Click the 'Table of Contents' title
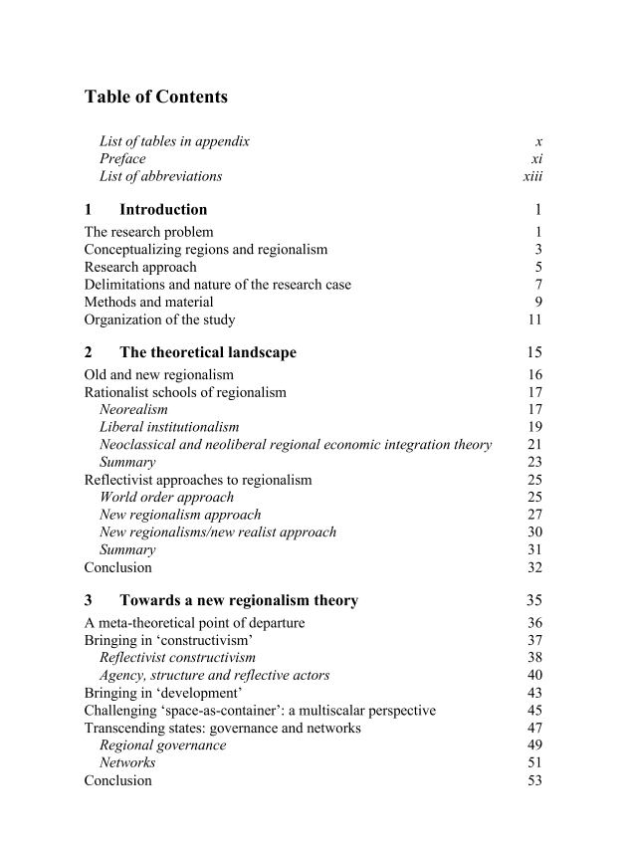pyautogui.click(x=156, y=97)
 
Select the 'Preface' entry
pyautogui.click(x=122, y=158)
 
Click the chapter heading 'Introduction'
pyautogui.click(x=163, y=209)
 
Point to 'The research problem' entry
pyautogui.click(x=148, y=232)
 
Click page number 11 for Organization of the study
pyautogui.click(x=534, y=319)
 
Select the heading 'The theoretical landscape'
pyautogui.click(x=207, y=352)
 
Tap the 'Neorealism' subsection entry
pyautogui.click(x=133, y=409)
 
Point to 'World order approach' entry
pyautogui.click(x=166, y=497)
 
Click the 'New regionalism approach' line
pyautogui.click(x=180, y=515)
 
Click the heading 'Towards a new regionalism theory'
pyautogui.click(x=239, y=600)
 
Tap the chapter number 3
pyautogui.click(x=89, y=600)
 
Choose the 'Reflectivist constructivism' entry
pyautogui.click(x=177, y=657)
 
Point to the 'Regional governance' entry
pyautogui.click(x=162, y=744)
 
